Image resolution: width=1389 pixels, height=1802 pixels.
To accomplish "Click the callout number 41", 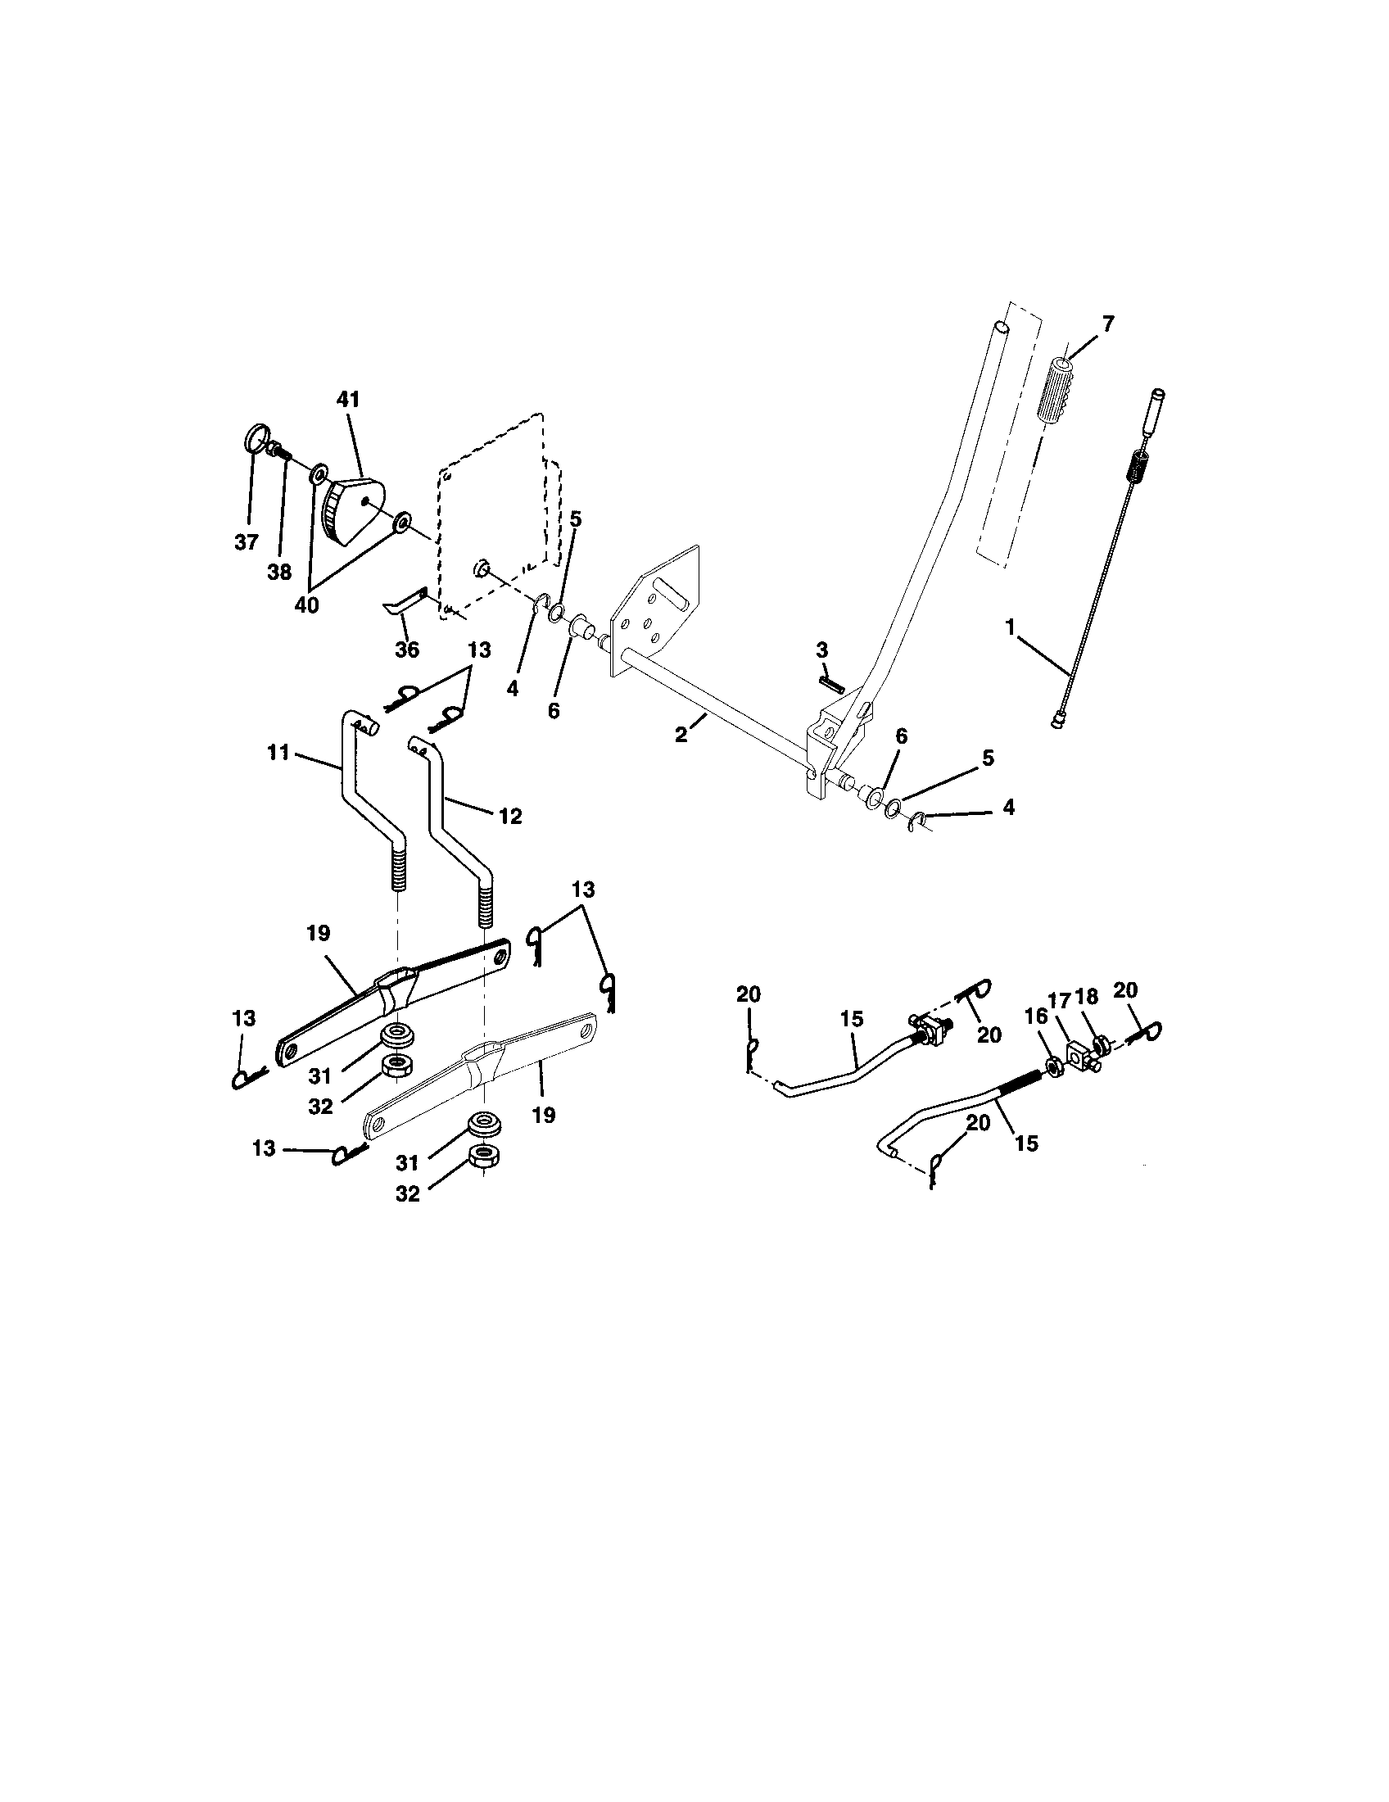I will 348,401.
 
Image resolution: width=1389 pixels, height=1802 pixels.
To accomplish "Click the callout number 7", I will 1107,324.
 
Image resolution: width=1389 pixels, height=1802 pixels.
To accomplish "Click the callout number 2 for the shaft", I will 681,735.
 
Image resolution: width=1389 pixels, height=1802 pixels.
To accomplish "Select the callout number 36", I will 407,650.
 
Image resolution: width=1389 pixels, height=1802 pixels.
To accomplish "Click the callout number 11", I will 278,752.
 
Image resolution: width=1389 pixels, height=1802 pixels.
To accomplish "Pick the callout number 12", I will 509,816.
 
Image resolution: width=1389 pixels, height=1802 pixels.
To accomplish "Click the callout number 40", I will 306,604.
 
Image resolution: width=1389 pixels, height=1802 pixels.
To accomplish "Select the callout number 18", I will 1088,996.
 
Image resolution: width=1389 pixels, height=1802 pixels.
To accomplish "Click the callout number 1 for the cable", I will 1010,627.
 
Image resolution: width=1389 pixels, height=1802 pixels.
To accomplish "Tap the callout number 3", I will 821,650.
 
